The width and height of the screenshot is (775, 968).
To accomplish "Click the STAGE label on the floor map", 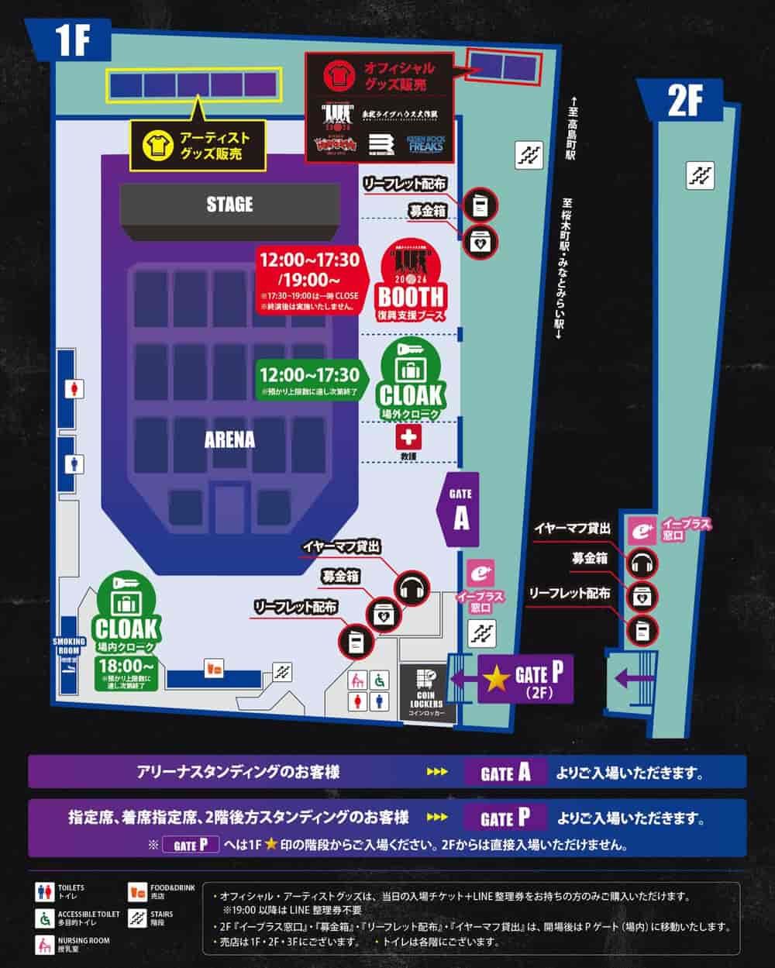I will pos(229,204).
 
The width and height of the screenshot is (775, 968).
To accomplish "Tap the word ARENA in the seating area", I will pos(229,439).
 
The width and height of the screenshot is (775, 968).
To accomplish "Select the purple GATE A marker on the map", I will pos(460,509).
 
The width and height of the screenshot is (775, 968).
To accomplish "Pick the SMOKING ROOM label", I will pos(68,646).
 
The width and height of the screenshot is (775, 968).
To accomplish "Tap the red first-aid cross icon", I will pos(408,438).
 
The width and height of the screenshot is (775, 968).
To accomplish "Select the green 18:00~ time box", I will pos(127,673).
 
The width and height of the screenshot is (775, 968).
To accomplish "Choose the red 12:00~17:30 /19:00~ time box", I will pos(310,279).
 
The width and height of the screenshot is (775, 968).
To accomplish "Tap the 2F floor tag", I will pos(684,101).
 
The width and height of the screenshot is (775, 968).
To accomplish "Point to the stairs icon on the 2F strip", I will pos(700,175).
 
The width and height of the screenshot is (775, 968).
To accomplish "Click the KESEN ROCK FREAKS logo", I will pos(425,144).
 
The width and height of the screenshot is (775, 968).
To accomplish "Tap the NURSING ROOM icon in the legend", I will pos(45,945).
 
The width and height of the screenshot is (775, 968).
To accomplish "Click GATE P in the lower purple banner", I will pos(506,818).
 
